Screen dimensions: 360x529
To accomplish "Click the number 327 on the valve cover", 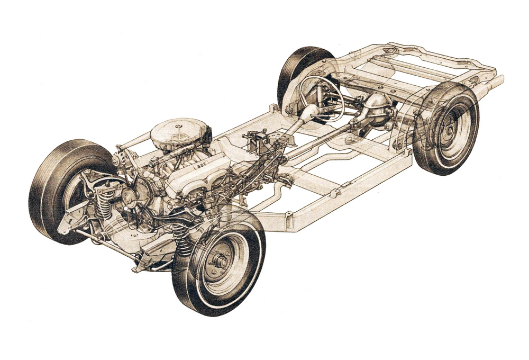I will (201, 165).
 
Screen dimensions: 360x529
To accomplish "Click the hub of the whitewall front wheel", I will (221, 262).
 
